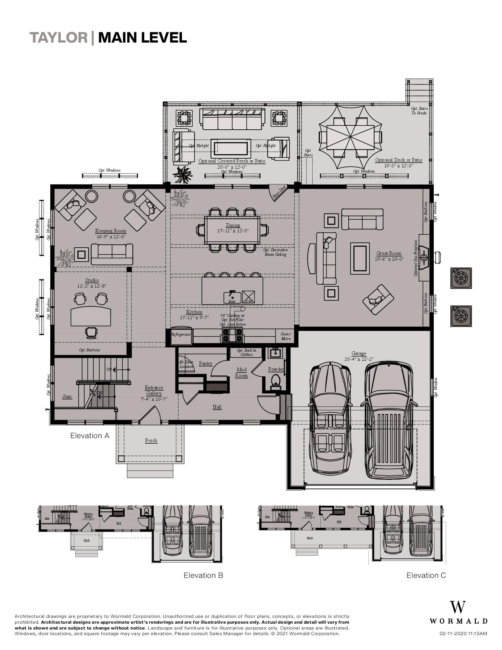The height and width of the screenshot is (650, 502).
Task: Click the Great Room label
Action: [389, 253]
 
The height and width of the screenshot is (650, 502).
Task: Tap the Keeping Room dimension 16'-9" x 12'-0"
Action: [111, 237]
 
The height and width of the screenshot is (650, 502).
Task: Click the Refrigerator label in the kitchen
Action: [181, 334]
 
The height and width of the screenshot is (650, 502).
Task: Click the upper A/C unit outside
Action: [461, 278]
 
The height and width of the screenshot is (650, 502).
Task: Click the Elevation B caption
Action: [203, 575]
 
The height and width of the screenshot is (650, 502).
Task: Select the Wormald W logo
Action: [458, 607]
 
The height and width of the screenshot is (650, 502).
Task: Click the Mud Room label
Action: [241, 372]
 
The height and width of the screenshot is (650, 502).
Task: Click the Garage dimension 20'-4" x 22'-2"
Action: [359, 359]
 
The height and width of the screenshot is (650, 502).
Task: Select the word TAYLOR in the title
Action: [59, 38]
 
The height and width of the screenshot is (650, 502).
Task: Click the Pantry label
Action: [206, 364]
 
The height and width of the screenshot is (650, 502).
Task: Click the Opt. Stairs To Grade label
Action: [419, 111]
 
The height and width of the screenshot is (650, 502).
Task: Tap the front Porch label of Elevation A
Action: [151, 440]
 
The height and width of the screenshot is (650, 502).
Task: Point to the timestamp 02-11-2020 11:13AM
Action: [463, 633]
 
